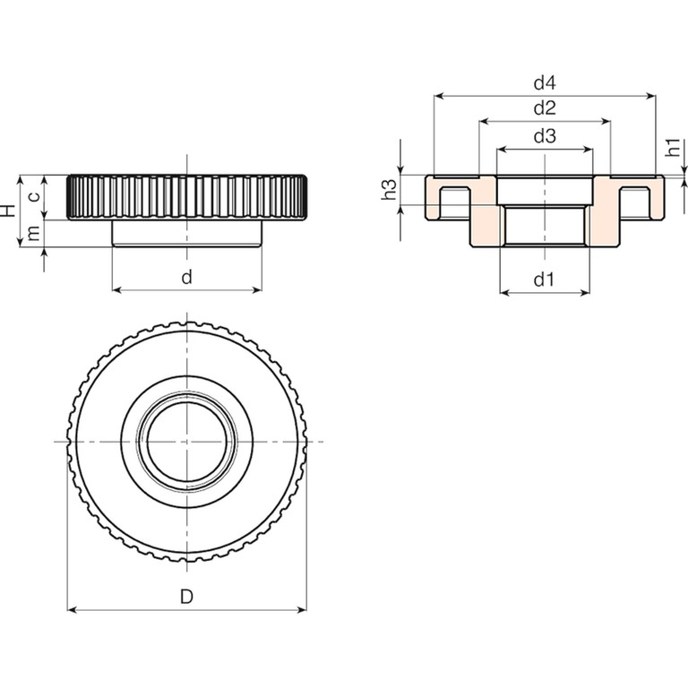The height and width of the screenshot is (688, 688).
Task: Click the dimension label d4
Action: [x=545, y=83]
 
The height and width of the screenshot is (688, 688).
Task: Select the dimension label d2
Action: [x=545, y=108]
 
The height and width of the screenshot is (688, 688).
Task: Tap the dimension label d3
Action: [x=545, y=136]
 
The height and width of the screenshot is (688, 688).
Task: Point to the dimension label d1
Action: [x=545, y=279]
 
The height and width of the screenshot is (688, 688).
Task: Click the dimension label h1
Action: [x=673, y=149]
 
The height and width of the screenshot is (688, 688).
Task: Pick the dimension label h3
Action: [x=389, y=189]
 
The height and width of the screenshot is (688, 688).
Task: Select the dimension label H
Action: [x=8, y=211]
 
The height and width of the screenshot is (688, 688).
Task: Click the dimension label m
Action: [x=33, y=233]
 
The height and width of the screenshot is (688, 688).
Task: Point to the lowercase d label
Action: [x=186, y=277]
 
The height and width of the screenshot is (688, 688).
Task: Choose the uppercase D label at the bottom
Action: [x=186, y=597]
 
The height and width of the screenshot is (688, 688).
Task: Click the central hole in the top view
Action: [x=186, y=442]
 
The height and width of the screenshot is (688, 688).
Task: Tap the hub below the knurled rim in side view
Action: [x=186, y=232]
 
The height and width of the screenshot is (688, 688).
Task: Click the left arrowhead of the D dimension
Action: [x=73, y=610]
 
